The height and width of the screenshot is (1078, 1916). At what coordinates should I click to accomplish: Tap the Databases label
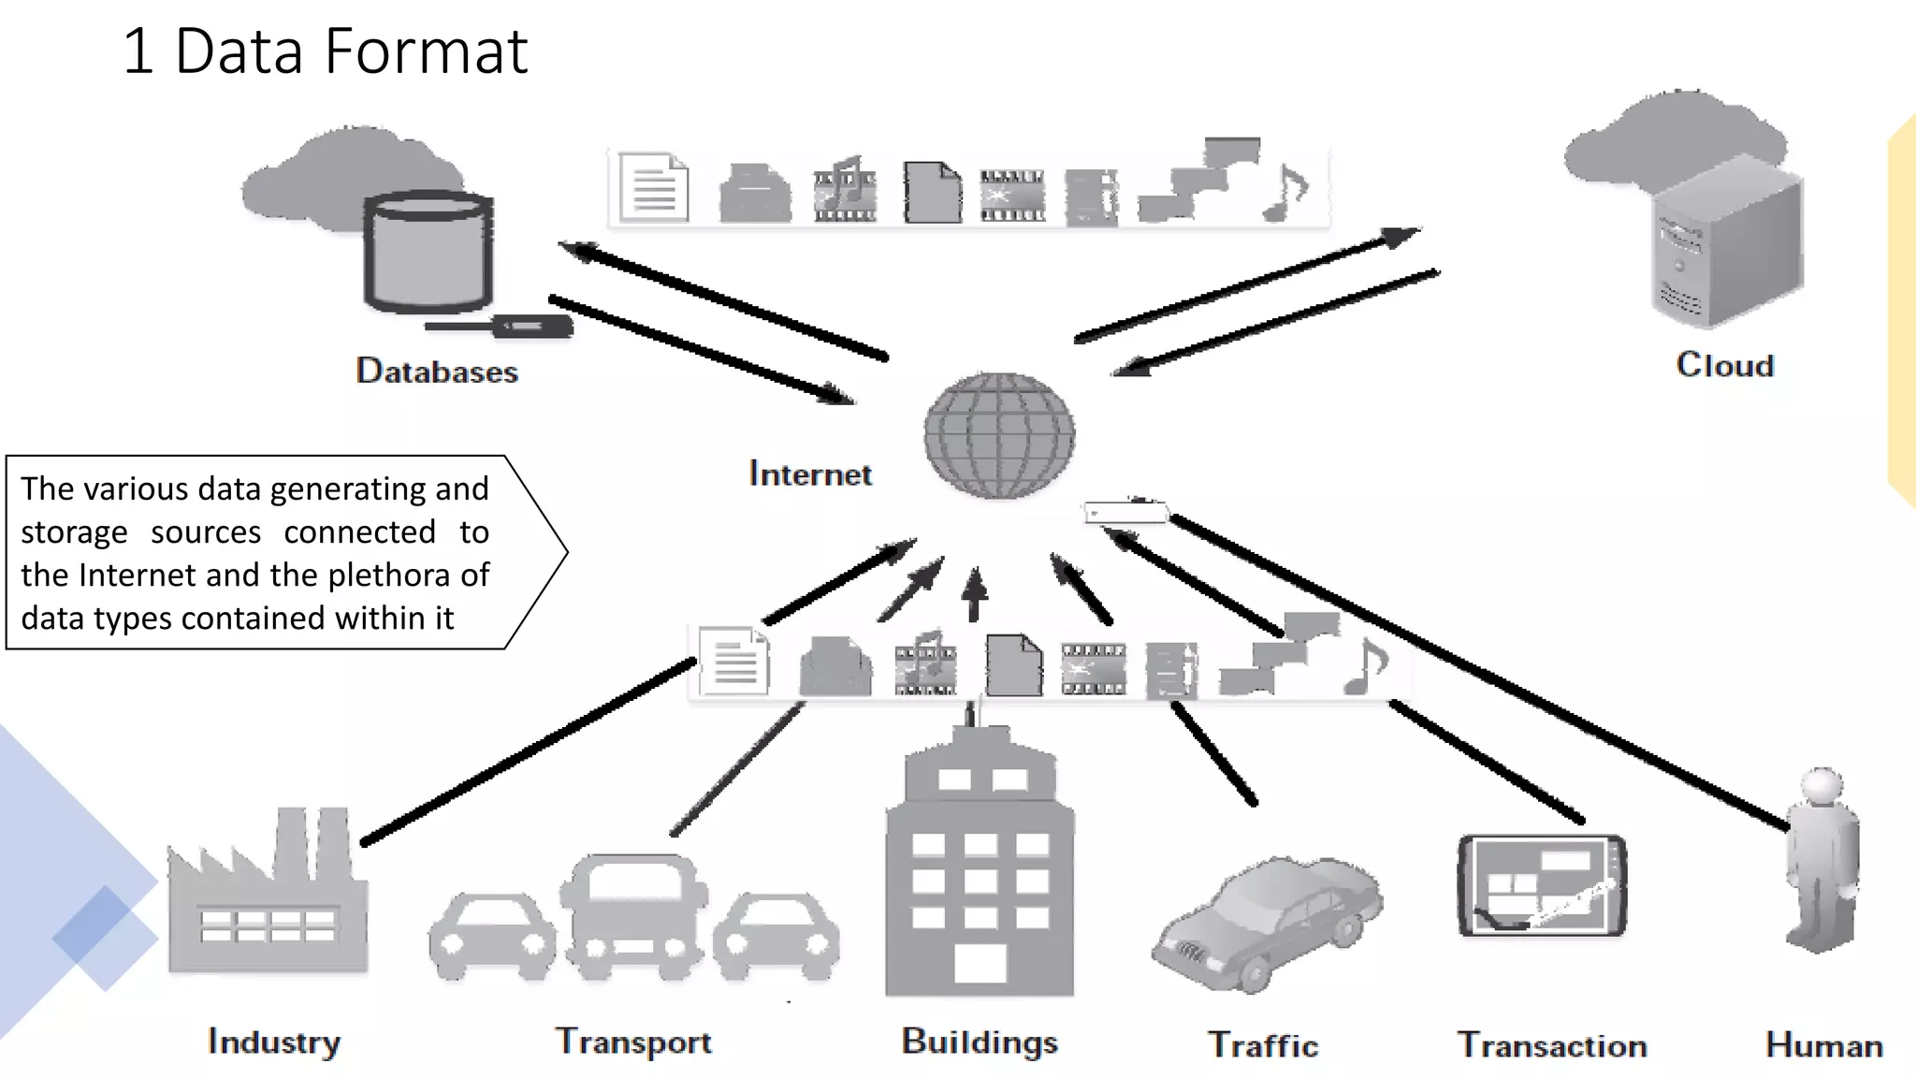(x=436, y=371)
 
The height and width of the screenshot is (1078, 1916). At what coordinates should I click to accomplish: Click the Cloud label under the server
(x=1724, y=365)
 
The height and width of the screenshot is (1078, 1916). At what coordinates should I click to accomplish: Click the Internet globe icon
(x=999, y=435)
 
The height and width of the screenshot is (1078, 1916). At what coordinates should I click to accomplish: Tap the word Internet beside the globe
(x=810, y=473)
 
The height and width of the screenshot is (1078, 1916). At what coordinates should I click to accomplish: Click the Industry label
(x=274, y=1042)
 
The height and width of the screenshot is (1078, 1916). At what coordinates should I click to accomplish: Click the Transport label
(x=633, y=1042)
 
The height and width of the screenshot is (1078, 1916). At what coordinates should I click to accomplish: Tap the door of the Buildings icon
(x=980, y=964)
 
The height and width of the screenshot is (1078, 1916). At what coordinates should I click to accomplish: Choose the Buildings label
(x=980, y=1042)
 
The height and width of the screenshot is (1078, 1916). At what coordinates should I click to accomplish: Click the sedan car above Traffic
(x=1268, y=922)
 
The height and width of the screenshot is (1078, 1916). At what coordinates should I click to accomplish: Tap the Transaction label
(x=1552, y=1045)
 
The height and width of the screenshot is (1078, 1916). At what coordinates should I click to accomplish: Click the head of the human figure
(x=1822, y=787)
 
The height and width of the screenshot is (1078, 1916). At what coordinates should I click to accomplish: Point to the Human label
(x=1823, y=1045)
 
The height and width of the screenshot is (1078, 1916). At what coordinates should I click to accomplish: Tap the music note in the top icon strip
(x=1289, y=193)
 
